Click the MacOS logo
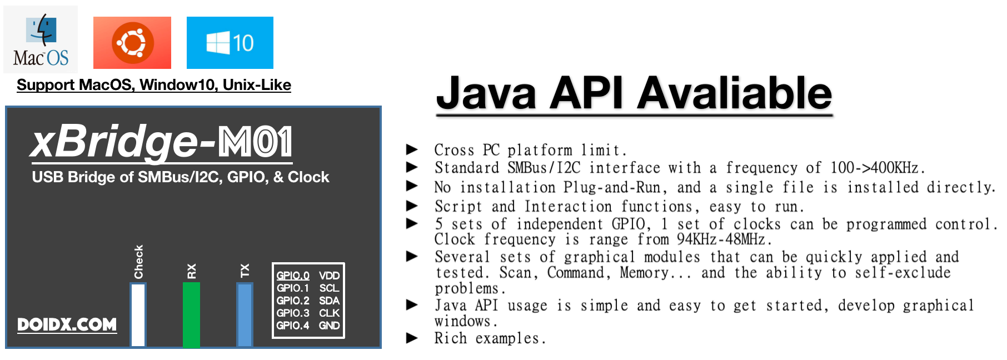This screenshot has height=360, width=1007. coord(41,39)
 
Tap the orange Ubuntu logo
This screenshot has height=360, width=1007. coord(132,43)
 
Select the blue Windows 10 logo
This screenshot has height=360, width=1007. coord(230,43)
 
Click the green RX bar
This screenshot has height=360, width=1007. coord(191,314)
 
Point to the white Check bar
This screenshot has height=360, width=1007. coord(138,314)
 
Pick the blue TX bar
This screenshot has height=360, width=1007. coord(245,314)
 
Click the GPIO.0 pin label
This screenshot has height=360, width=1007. coord(293,276)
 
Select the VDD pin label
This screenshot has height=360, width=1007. coord(329,276)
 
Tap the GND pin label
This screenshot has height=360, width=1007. coord(329,326)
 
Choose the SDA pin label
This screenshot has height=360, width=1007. coord(329,301)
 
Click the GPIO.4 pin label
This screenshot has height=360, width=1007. coord(293,326)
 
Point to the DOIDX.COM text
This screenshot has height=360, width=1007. coord(67,324)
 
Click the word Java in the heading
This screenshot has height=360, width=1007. coord(487,93)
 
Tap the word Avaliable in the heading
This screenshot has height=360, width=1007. coord(735,93)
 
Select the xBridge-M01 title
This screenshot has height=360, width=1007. coord(162,142)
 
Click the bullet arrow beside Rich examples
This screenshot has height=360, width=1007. coord(412,338)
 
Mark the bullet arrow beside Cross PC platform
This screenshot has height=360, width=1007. coord(412,149)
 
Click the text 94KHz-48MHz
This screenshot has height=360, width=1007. coord(724,239)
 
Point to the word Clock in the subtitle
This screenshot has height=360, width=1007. coord(308,177)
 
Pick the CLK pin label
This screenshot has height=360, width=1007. coord(329,313)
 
